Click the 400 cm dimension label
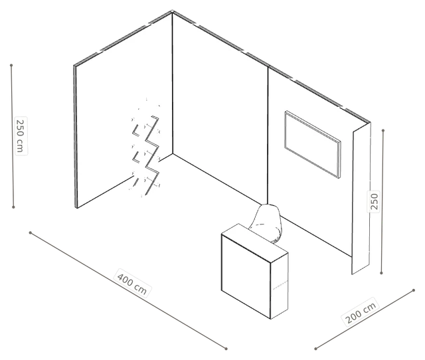pos(132,283)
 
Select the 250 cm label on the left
pos(21,135)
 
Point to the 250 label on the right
pos(374,201)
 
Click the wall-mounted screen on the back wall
pos(313,144)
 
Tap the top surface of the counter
pos(254,242)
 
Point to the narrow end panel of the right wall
pos(361,199)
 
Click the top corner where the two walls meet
pos(173,12)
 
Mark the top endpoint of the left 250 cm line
pos(11,65)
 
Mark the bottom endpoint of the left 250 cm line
pos(13,207)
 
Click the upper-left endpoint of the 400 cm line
pos(31,232)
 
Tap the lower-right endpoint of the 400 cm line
pos(226,349)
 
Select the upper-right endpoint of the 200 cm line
pos(414,290)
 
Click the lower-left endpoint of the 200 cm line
pos(316,349)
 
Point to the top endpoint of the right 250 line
pos(383,131)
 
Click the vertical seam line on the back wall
pos(268,135)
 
